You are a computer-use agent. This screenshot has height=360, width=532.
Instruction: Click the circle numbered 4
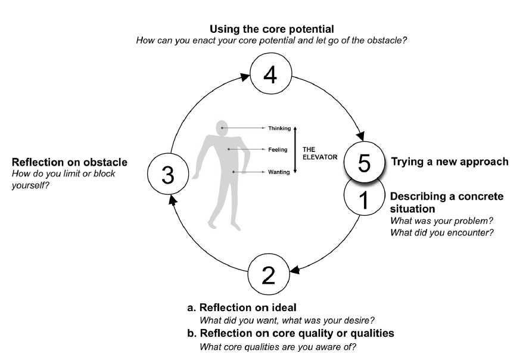pos(271,77)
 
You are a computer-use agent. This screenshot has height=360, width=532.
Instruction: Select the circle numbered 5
pos(365,162)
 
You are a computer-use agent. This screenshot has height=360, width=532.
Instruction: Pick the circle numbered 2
pos(269,274)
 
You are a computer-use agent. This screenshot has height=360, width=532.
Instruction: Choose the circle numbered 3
pos(168,175)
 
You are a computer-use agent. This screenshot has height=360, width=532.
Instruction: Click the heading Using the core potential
pos(271,28)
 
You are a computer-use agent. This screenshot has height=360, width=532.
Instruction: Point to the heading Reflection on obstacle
pos(70,162)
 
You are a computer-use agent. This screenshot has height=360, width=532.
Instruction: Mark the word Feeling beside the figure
pos(278,150)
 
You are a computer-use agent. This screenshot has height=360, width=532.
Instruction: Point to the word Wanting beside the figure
pos(278,172)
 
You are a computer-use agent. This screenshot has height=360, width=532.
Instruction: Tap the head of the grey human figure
pos(222,127)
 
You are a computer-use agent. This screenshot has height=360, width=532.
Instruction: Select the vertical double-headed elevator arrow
pos(295,150)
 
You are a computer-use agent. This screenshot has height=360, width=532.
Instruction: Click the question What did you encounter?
pos(441,232)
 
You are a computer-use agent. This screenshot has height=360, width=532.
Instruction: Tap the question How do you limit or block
pos(64,173)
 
